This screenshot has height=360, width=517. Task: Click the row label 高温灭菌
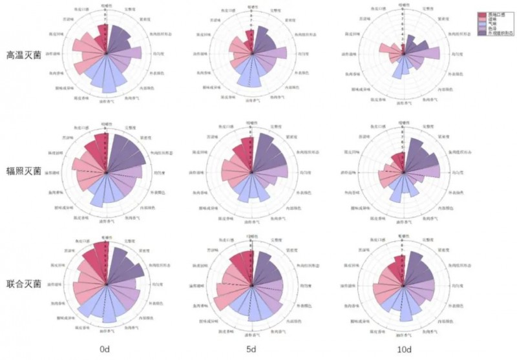coord(24,55)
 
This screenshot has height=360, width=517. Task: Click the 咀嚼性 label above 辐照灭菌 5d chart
coord(250,122)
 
